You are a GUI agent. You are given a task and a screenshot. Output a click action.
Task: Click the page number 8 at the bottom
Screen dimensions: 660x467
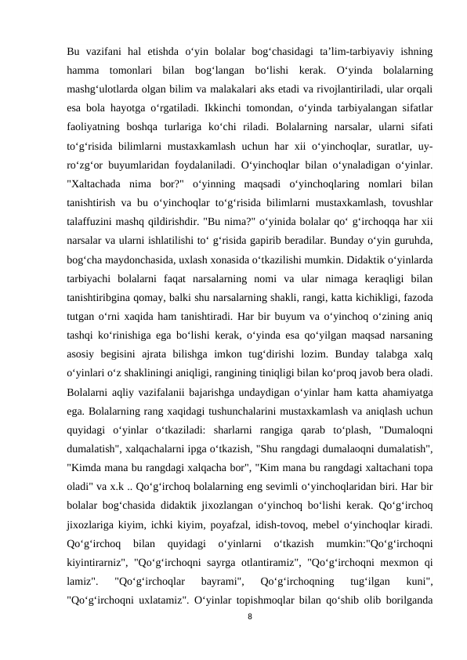(249, 617)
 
